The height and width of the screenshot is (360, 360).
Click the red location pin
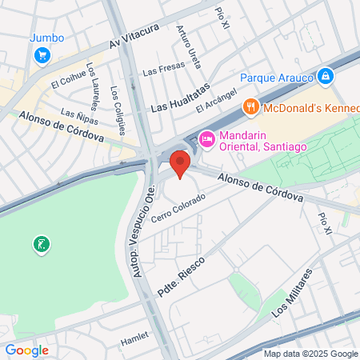click(180, 164)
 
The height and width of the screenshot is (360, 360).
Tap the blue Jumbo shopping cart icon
click(42, 55)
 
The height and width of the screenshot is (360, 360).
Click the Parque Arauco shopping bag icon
click(325, 77)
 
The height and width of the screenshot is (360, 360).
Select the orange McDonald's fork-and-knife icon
click(250, 106)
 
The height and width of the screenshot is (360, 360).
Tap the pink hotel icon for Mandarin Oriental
click(206, 139)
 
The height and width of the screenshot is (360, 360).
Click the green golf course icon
click(40, 243)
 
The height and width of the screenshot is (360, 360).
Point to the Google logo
click(26, 350)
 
